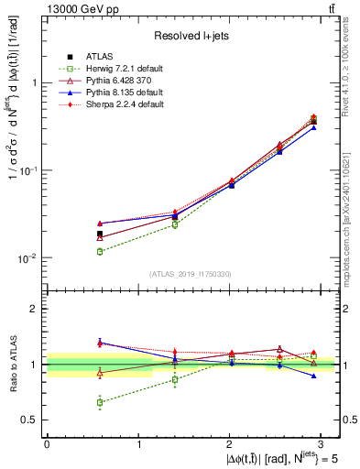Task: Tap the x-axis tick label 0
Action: click(x=47, y=444)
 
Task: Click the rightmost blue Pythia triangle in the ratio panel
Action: click(x=314, y=376)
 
